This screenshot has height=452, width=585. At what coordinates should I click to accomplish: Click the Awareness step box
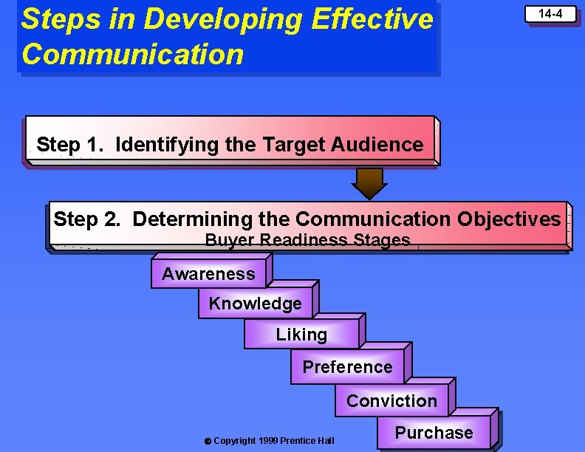[x=208, y=274]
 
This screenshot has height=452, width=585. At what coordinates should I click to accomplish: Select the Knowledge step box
[x=255, y=304]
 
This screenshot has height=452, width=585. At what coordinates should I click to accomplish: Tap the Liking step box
[x=301, y=335]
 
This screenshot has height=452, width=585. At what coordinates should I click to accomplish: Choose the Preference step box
[x=347, y=367]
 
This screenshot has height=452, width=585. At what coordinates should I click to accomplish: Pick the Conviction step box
[x=391, y=401]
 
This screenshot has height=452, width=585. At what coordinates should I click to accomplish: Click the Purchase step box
[x=434, y=433]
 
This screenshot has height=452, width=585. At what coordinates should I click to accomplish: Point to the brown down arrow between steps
[x=369, y=182]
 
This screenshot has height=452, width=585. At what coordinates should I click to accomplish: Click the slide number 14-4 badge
[x=550, y=14]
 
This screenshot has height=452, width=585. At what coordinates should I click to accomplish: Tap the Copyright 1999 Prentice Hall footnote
[x=269, y=441]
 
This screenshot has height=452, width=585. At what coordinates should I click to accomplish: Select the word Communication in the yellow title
[x=133, y=54]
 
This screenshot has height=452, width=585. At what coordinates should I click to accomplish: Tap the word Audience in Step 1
[x=379, y=145]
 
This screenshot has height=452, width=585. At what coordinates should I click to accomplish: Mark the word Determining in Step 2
[x=194, y=219]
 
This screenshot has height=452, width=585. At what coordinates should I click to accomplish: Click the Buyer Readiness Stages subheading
[x=307, y=240]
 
